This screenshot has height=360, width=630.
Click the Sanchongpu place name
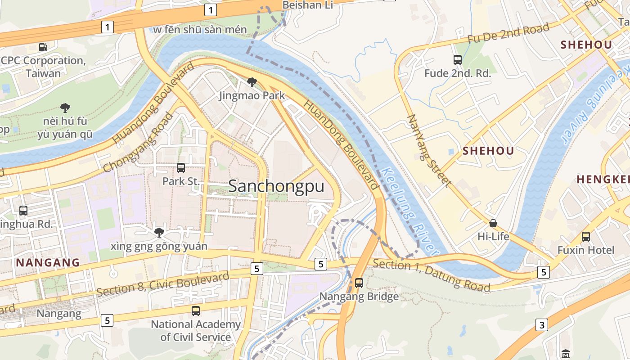click(276, 186)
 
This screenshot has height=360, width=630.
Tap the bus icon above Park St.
click(181, 168)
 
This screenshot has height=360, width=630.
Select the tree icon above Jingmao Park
click(252, 82)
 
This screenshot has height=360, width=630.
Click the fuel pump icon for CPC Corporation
click(43, 47)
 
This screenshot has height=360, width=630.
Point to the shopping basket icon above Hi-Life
click(493, 223)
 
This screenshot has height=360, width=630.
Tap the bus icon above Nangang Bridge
click(359, 283)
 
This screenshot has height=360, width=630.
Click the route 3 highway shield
click(542, 325)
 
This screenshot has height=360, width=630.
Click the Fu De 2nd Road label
click(508, 33)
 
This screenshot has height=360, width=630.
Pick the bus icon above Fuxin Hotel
click(586, 237)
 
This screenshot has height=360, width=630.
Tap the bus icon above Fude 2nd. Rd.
click(458, 59)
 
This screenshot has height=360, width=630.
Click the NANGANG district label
click(48, 262)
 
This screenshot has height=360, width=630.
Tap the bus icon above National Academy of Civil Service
click(196, 310)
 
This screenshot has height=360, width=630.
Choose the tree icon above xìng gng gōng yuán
click(159, 232)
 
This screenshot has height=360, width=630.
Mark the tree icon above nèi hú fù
click(65, 108)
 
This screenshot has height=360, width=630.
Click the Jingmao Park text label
click(252, 95)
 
